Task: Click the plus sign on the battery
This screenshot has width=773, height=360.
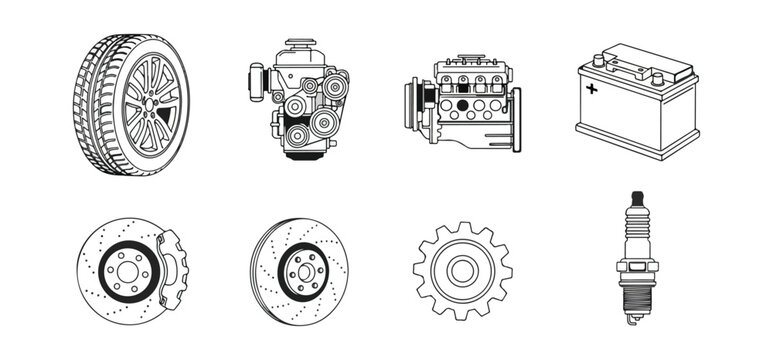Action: [592, 89]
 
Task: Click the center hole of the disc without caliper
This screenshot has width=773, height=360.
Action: [300, 269]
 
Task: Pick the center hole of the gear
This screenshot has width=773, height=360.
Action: [462, 270]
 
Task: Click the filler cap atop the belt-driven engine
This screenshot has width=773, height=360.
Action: [298, 46]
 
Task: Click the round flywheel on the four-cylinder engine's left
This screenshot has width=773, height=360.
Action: [414, 100]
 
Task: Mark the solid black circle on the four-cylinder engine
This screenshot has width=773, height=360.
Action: [462, 103]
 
